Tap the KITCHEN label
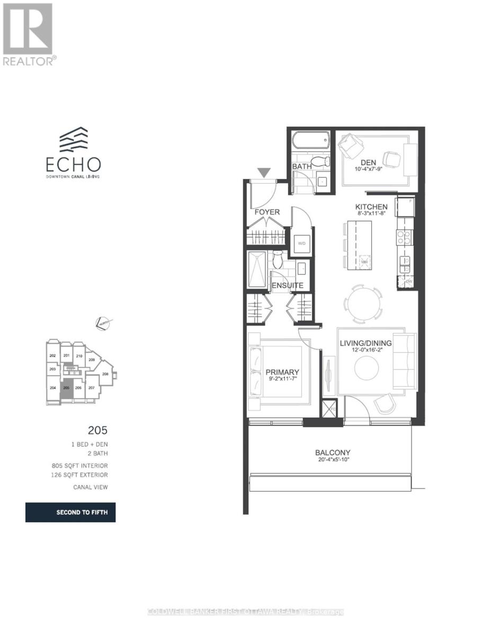point(371,207)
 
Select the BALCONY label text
point(333,452)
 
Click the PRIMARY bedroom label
point(282,372)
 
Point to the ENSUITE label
point(287,286)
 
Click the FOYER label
point(266,212)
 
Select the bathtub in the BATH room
point(310,142)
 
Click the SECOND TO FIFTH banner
point(70,513)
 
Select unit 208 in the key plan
point(105,374)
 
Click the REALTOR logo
point(28,34)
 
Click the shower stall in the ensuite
point(257,270)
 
